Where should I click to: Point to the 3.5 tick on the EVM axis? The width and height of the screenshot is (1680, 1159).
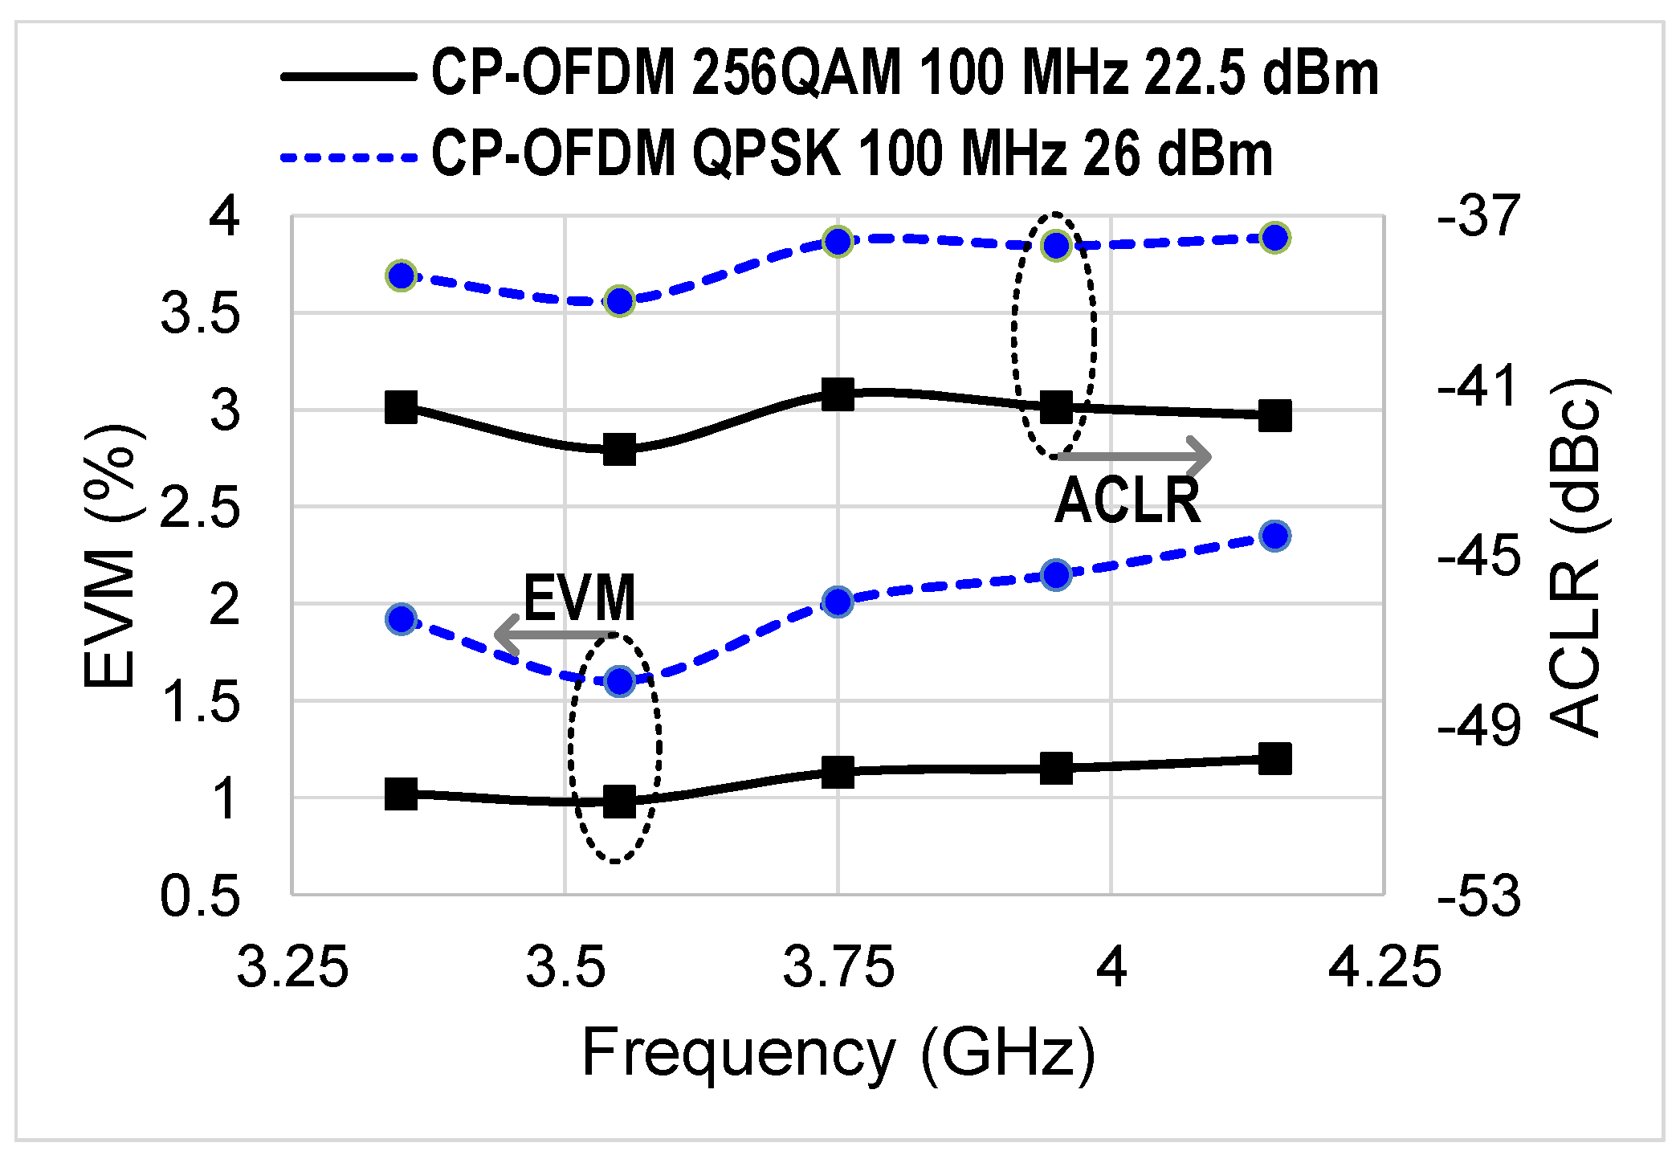[x=201, y=314]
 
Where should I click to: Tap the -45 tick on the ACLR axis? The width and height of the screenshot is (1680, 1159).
[x=1478, y=557]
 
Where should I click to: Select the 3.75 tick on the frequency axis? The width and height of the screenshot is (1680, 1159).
[x=838, y=967]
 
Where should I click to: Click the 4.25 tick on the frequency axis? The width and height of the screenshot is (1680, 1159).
[x=1384, y=967]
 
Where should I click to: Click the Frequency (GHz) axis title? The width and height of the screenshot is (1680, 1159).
[x=838, y=1054]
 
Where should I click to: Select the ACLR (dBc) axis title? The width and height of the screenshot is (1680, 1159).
[x=1575, y=557]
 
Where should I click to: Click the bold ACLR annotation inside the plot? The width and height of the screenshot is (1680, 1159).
[x=1127, y=501]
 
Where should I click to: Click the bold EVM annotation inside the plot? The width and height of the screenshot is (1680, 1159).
[x=579, y=598]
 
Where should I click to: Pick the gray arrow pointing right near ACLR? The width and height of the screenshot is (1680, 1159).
[x=1135, y=456]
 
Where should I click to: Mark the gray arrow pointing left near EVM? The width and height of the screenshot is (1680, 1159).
[x=554, y=635]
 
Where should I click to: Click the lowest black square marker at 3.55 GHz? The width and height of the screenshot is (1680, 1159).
[x=619, y=801]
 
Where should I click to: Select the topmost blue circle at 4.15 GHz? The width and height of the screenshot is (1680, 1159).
[x=1274, y=238]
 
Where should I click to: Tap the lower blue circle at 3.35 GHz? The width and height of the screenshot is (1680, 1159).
[x=401, y=619]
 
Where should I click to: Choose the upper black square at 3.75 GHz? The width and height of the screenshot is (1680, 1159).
[x=838, y=394]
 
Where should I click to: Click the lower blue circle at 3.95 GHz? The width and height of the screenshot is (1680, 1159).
[x=1056, y=575]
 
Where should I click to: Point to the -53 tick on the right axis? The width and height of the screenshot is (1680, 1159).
[x=1478, y=897]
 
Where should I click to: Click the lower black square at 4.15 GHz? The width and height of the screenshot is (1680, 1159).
[x=1274, y=758]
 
